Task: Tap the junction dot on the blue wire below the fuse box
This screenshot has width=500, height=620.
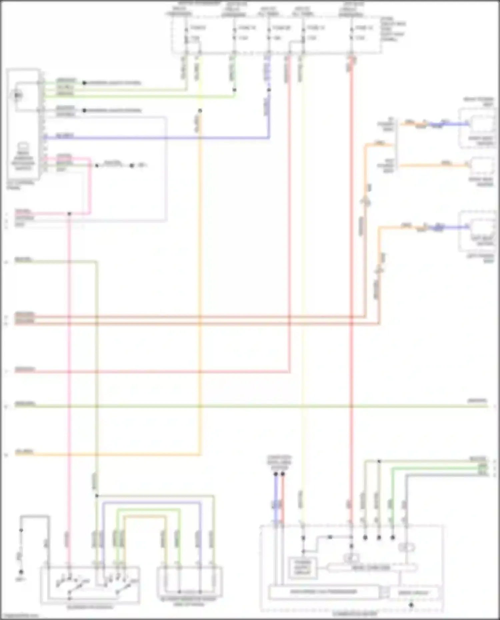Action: point(269,90)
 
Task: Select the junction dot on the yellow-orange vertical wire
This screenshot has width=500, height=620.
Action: point(200,111)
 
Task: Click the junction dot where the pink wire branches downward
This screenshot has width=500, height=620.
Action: point(69,214)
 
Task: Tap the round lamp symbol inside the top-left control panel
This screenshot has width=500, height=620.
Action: point(17,96)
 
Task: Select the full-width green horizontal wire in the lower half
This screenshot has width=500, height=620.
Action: point(250,406)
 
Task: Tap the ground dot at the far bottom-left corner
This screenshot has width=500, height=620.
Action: point(21,572)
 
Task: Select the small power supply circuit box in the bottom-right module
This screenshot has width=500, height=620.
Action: point(303,567)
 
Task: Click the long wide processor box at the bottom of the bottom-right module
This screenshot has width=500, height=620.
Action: point(323,592)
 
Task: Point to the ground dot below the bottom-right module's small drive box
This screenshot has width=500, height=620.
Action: point(411,605)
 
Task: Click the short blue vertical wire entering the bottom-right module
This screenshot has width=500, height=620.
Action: point(276,500)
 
